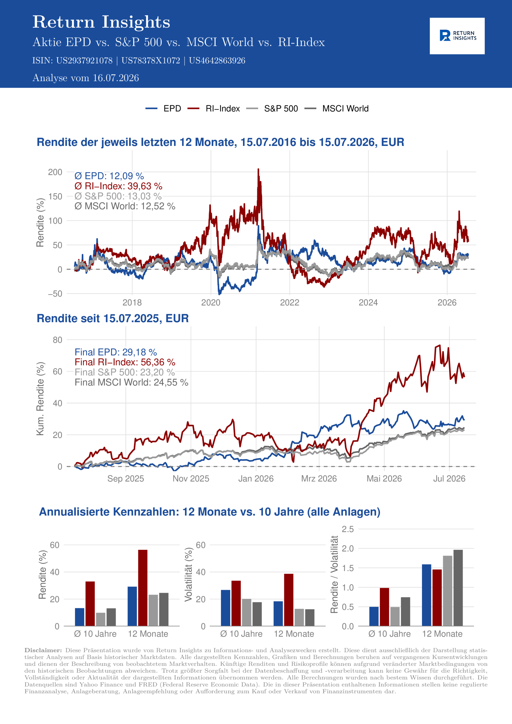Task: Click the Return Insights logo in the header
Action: [x=457, y=36]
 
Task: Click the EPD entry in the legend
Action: [x=163, y=109]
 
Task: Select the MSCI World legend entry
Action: [x=336, y=109]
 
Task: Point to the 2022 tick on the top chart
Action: [x=290, y=302]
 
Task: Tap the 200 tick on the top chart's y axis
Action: [x=55, y=172]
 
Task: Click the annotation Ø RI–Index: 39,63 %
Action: [x=118, y=186]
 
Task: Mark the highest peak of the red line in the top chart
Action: [x=258, y=169]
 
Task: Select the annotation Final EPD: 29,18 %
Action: [x=115, y=352]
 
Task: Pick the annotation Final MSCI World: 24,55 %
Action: [x=131, y=382]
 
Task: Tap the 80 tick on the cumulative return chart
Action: [x=57, y=340]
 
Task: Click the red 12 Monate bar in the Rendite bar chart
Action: [x=143, y=588]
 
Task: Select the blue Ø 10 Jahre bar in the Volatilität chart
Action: [x=225, y=608]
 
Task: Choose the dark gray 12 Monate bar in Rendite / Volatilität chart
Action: [x=458, y=588]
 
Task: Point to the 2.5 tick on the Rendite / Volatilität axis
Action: [x=348, y=529]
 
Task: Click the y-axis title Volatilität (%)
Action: [x=188, y=574]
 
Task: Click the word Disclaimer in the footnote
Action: [x=43, y=650]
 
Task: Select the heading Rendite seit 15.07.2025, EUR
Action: [x=113, y=318]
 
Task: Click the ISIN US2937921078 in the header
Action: [x=84, y=61]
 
